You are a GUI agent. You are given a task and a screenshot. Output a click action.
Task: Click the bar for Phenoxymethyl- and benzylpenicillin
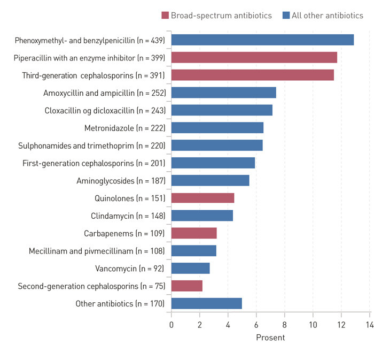point(262,40)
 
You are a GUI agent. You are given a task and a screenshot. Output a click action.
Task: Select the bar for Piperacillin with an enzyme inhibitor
point(254,58)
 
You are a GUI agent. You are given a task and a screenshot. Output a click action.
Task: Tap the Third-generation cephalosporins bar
point(252,75)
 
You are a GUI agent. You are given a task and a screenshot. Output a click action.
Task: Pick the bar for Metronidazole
point(217,128)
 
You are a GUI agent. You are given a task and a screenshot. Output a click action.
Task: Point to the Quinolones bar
point(202,198)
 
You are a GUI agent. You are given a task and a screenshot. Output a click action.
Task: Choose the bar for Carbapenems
point(193,233)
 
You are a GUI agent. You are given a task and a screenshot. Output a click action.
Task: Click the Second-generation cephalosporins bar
point(186,286)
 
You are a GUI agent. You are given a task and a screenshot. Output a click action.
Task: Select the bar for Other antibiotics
point(206,304)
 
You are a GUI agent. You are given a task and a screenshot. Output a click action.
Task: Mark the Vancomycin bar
point(190,269)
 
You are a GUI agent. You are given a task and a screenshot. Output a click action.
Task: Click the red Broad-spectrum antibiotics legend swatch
point(165,16)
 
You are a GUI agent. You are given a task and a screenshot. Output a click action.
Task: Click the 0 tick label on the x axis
point(172,324)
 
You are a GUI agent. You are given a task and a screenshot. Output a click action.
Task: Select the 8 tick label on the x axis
point(284,324)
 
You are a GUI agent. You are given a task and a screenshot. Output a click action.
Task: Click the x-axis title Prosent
point(270,338)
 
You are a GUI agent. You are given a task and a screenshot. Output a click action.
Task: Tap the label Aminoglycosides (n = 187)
point(121,181)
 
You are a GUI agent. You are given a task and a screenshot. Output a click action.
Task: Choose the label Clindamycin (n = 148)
point(128,216)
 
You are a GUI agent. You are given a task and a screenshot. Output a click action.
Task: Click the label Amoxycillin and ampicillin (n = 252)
point(104,93)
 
